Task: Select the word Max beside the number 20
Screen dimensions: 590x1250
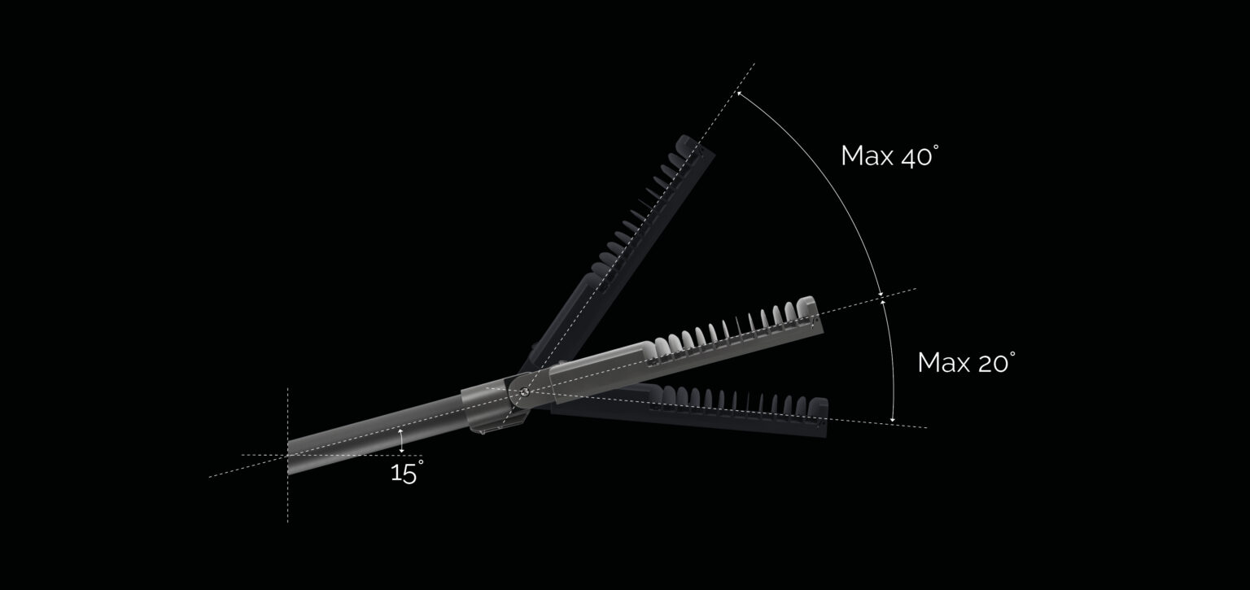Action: pyautogui.click(x=943, y=363)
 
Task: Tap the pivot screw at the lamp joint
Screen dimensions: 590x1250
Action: pyautogui.click(x=523, y=392)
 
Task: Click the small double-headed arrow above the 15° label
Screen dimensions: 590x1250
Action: pyautogui.click(x=401, y=440)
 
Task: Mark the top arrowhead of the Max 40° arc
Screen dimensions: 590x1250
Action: pyautogui.click(x=738, y=95)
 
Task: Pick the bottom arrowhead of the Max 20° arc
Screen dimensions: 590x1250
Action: pyautogui.click(x=893, y=418)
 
